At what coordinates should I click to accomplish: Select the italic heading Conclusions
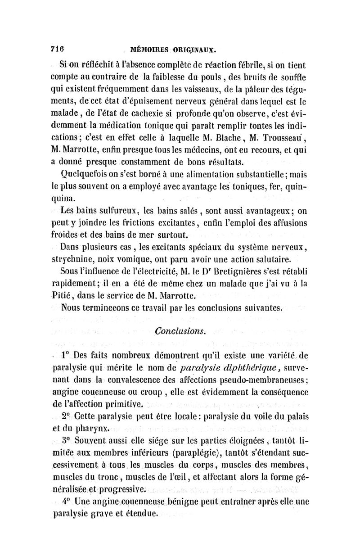(180, 331)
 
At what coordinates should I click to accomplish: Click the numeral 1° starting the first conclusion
(67, 356)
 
